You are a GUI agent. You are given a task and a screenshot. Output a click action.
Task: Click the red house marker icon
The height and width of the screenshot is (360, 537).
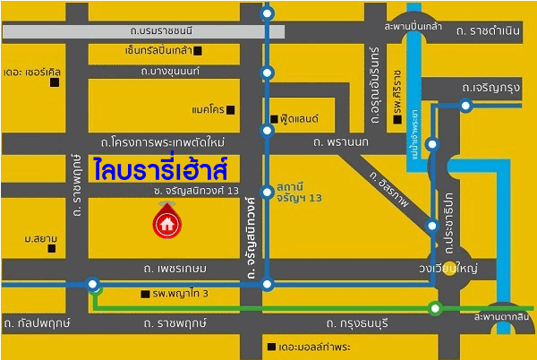(x=166, y=223)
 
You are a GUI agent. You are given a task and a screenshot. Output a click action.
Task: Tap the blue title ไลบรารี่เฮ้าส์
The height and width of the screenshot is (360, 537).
(x=149, y=168)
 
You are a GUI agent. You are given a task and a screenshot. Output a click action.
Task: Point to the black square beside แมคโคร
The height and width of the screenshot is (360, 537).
(x=230, y=110)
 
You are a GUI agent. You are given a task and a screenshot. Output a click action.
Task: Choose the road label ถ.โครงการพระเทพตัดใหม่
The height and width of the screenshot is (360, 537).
(x=162, y=142)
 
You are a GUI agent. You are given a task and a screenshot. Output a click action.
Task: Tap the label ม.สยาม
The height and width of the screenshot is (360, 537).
(x=41, y=238)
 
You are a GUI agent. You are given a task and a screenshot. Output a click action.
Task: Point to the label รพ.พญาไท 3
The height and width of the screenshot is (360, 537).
(x=180, y=294)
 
